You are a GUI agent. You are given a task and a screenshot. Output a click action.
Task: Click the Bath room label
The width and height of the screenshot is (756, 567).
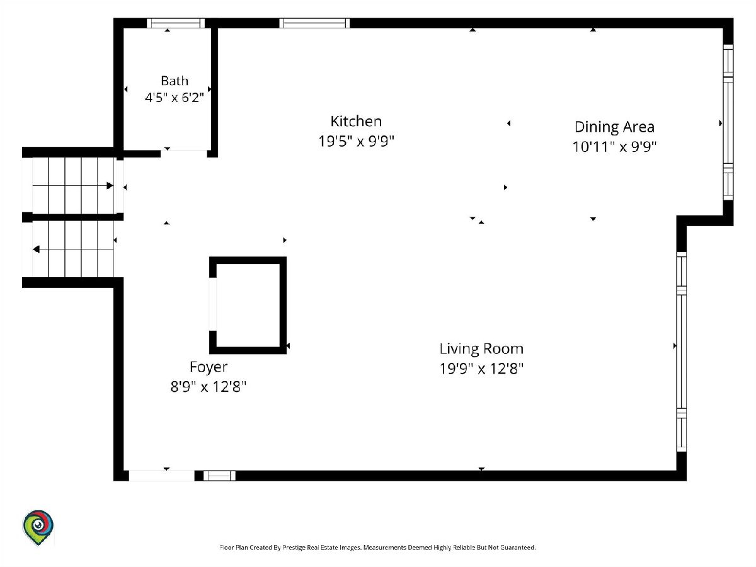175,81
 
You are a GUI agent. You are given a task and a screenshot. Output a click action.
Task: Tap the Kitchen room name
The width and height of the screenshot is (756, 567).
356,121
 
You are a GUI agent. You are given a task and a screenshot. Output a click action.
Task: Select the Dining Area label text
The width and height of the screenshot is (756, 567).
614,127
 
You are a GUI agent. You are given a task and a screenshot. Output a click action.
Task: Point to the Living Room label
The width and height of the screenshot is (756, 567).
481,349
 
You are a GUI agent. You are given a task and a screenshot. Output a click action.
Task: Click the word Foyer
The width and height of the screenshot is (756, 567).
209,367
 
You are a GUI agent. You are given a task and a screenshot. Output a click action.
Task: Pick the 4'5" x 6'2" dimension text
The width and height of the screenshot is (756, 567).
175,98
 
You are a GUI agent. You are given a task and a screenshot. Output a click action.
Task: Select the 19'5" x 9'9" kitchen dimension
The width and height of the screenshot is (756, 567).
356,140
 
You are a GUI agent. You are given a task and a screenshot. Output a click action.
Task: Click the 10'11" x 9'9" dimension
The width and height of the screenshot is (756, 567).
614,147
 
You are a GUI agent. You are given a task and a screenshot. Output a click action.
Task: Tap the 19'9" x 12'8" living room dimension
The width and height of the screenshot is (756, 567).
481,369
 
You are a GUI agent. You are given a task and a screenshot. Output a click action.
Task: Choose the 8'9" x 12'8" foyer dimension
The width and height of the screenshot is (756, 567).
209,387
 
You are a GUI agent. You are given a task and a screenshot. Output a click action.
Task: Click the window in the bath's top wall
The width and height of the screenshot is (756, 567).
176,23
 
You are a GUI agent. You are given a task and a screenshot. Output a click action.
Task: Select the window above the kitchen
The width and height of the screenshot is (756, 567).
314,23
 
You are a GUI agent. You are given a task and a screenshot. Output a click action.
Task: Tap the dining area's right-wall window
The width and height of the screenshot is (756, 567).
728,122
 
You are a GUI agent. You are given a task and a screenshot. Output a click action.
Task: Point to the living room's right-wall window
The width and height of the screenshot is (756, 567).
682,352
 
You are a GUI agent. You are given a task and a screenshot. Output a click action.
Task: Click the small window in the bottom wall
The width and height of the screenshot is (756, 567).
219,476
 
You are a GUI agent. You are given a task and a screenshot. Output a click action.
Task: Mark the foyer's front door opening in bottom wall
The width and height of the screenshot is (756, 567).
161,476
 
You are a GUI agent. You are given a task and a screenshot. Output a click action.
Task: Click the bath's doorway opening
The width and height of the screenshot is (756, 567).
184,154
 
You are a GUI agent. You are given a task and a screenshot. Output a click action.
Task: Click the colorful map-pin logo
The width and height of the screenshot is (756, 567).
38,527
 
